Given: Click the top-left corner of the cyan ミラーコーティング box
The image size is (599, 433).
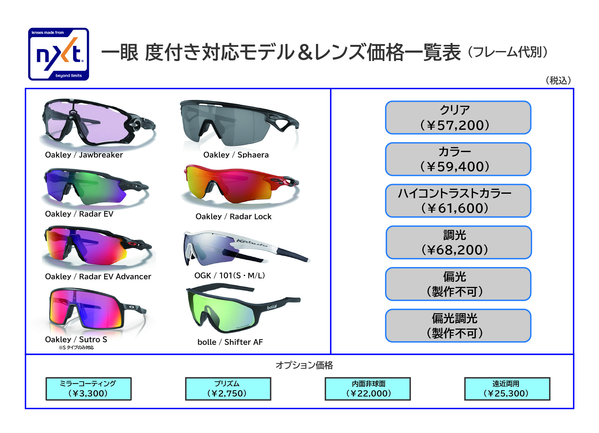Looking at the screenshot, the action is click(x=46, y=378).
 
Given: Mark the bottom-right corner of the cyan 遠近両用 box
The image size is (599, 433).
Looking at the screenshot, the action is click(x=550, y=400).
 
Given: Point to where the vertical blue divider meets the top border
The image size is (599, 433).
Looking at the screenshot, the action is click(x=331, y=88).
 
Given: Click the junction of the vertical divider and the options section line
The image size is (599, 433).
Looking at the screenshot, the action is click(x=331, y=354).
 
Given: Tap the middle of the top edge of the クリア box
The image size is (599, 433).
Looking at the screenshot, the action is click(x=458, y=101).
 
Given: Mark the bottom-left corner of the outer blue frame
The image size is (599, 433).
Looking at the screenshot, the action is click(x=26, y=408).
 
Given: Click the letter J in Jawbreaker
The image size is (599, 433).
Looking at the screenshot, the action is click(x=81, y=155).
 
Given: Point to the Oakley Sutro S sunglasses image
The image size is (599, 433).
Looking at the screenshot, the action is click(x=97, y=310).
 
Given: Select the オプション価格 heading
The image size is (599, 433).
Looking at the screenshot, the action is click(x=304, y=365).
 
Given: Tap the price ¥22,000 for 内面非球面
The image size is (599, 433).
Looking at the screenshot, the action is click(x=368, y=393).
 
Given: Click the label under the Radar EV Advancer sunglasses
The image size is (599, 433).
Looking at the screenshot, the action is click(x=98, y=276).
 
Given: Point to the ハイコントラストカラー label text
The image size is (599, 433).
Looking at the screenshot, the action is click(x=455, y=193).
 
